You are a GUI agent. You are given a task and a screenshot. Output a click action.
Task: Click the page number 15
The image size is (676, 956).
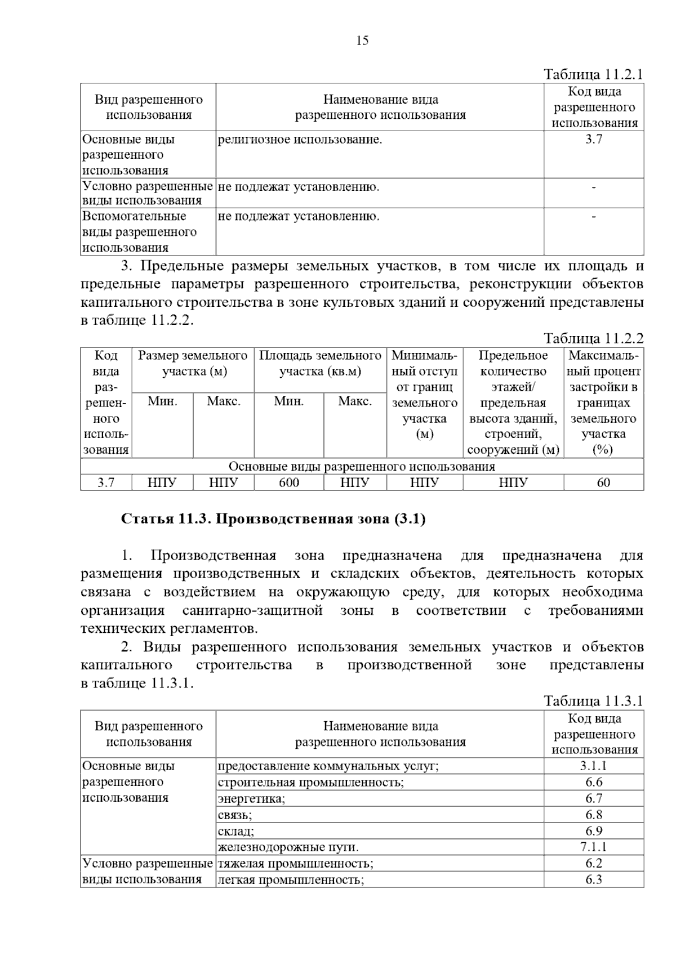click(x=362, y=41)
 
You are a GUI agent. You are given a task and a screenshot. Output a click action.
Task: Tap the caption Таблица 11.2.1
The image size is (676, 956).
click(x=593, y=74)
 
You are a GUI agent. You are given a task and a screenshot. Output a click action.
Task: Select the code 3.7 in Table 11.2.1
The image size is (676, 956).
click(x=594, y=140)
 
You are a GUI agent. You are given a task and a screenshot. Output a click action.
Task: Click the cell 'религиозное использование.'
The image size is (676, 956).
click(x=300, y=140)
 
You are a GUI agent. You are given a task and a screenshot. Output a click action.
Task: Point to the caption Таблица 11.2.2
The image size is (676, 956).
click(x=593, y=338)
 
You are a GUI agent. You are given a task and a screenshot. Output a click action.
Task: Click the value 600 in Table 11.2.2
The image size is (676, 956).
click(x=289, y=483)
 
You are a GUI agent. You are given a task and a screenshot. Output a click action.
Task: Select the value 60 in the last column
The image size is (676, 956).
click(x=603, y=483)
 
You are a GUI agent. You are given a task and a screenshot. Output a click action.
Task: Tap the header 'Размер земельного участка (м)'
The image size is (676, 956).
click(x=193, y=364)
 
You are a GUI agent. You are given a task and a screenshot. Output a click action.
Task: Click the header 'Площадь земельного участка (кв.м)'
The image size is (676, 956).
click(x=320, y=364)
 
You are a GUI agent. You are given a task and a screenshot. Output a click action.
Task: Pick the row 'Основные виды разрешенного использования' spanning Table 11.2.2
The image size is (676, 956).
click(x=362, y=467)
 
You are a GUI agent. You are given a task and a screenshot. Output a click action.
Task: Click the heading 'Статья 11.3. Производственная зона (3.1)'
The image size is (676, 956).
click(x=273, y=519)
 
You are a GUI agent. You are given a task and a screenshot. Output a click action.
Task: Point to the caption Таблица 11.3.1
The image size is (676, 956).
click(x=593, y=701)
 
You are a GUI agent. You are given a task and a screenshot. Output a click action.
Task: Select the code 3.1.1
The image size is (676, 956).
click(x=594, y=766)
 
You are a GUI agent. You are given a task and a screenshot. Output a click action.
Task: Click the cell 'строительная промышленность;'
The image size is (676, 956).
click(x=310, y=783)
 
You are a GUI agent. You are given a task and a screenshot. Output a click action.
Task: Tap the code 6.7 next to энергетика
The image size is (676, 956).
click(x=594, y=798)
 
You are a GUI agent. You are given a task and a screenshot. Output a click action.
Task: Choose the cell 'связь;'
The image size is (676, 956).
click(x=235, y=815)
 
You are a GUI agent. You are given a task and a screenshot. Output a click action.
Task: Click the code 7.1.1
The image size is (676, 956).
click(x=594, y=847)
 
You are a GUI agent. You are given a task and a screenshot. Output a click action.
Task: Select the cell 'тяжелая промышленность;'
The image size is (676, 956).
click(x=295, y=863)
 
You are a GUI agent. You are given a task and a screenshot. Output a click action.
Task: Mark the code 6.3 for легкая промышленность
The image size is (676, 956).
click(x=594, y=879)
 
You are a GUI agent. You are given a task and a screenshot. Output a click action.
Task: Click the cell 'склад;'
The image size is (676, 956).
click(x=236, y=831)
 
